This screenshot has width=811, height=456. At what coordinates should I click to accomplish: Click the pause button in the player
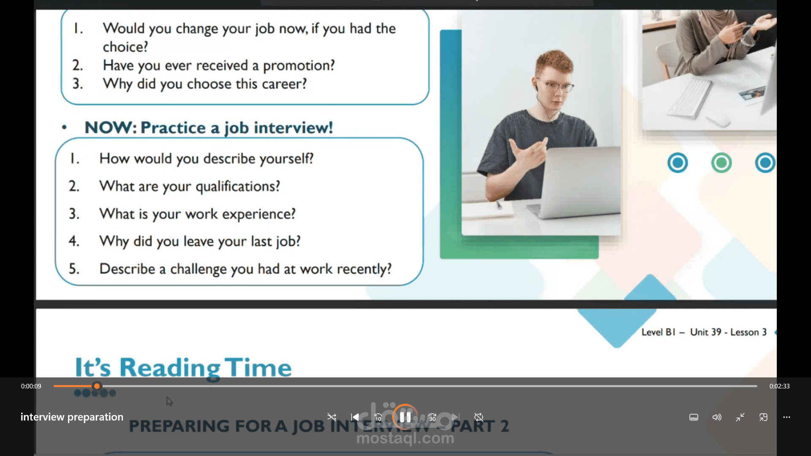point(405,417)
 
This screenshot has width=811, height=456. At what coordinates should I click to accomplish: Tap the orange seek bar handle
point(97,386)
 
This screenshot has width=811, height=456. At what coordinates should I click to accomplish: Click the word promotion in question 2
point(299,65)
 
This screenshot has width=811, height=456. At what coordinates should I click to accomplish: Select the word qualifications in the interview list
point(238,186)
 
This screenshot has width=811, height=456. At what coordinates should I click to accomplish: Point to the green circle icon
point(721,163)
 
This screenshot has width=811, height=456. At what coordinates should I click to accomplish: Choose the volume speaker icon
point(717,417)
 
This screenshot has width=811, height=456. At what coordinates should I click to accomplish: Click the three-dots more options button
point(787,417)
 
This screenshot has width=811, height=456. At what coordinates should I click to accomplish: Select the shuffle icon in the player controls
point(332,417)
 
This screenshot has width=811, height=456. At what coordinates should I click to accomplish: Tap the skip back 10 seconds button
point(378,417)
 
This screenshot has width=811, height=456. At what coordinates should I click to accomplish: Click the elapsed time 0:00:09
point(31,386)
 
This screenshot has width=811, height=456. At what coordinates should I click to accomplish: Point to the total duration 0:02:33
point(779,386)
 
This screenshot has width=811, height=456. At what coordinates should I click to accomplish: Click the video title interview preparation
point(72,417)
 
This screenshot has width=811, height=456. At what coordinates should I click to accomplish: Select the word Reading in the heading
point(170,367)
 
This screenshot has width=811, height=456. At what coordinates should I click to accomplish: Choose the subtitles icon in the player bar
point(694,417)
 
